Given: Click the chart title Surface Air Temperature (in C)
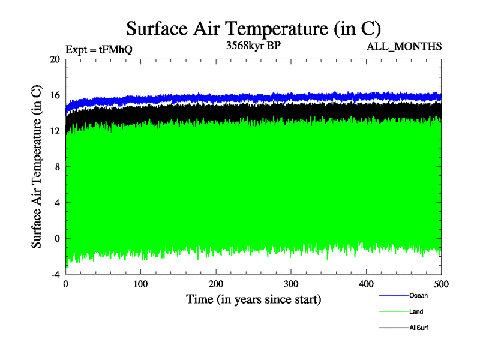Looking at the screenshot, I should tap(253, 28).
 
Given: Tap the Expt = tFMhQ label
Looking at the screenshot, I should tap(98, 50).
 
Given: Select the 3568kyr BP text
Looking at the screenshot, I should tap(253, 46).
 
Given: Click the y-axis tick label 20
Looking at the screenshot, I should tap(55, 59).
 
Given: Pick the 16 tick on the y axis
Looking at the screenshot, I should tap(55, 95).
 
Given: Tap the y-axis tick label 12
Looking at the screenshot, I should tap(55, 131).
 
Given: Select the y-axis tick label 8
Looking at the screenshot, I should tap(57, 167).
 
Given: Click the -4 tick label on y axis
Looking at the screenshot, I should tap(55, 274).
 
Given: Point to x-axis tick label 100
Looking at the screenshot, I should tap(140, 284).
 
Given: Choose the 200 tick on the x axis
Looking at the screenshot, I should tap(216, 284).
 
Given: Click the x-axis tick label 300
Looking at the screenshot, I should tap(291, 284).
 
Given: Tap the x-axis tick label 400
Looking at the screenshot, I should tap(366, 284).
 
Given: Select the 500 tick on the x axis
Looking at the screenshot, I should tap(441, 284).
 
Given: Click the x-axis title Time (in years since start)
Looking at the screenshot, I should tap(253, 299).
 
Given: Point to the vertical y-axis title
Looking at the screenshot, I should tap(37, 167).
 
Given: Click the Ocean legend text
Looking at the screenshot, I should tap(418, 295).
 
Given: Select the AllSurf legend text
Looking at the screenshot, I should tap(419, 328).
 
